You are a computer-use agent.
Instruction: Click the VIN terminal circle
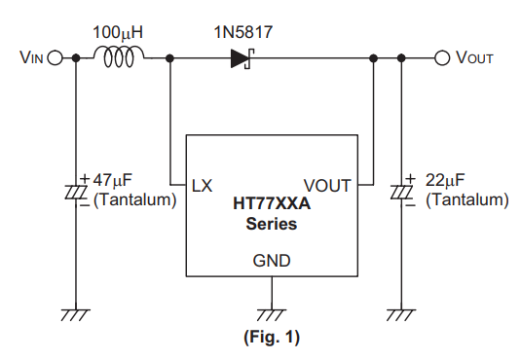click(x=56, y=58)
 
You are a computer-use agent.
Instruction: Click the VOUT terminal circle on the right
click(x=442, y=58)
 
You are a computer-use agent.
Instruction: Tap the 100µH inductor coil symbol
click(x=119, y=56)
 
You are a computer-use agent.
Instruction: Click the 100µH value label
click(x=118, y=32)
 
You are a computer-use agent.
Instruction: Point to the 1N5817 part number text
click(x=242, y=32)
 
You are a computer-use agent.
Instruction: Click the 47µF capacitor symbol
click(x=76, y=192)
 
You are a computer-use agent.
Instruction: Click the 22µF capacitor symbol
click(x=402, y=192)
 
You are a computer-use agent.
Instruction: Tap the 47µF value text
click(x=112, y=180)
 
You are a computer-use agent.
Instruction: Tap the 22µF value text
click(x=445, y=180)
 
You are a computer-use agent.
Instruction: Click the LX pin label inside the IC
click(x=202, y=185)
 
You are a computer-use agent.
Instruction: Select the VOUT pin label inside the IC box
click(x=327, y=185)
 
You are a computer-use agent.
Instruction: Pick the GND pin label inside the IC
click(x=272, y=261)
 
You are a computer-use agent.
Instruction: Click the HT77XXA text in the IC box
click(x=272, y=203)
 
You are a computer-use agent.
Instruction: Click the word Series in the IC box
click(x=272, y=224)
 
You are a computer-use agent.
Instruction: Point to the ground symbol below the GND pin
click(x=272, y=315)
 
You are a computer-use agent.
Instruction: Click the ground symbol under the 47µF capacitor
click(x=76, y=315)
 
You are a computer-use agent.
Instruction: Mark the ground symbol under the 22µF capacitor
click(x=401, y=315)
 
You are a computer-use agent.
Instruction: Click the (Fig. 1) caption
click(x=272, y=338)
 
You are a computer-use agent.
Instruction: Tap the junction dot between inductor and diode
click(x=169, y=58)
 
